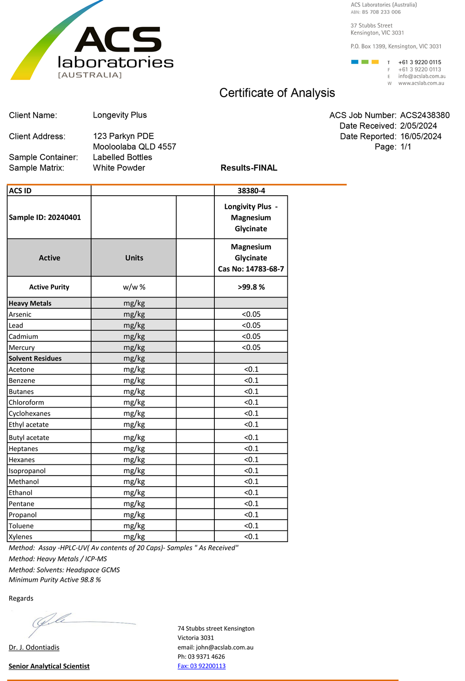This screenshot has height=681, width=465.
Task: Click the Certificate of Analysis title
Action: click(277, 93)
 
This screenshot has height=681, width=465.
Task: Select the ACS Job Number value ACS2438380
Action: click(425, 115)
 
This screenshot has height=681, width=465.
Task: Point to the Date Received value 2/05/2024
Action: click(418, 126)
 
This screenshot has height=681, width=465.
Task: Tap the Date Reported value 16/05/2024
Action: click(420, 137)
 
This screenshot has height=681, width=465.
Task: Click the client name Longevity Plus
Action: click(120, 115)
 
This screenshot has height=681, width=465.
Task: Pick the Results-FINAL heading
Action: click(249, 168)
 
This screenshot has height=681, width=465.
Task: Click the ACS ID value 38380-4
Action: click(251, 191)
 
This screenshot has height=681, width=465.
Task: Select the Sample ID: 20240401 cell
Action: click(45, 217)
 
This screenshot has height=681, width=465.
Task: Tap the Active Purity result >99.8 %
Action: click(251, 287)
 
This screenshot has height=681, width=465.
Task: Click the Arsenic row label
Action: click(20, 314)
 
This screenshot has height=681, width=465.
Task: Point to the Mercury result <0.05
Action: click(251, 347)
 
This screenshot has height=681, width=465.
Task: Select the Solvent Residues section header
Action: click(35, 358)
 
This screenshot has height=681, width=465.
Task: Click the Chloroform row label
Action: click(26, 403)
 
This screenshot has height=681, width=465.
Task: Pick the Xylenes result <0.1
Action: click(251, 536)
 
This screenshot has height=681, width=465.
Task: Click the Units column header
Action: click(134, 258)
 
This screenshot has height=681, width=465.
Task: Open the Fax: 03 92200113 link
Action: click(201, 666)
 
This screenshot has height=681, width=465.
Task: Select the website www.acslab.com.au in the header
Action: click(421, 83)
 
